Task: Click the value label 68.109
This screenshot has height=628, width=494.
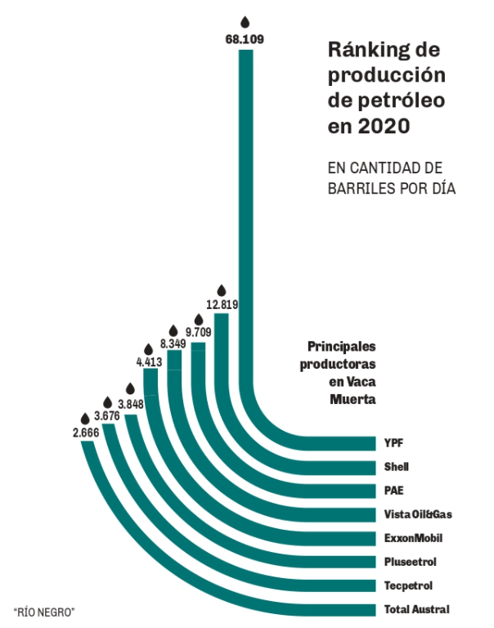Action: pyautogui.click(x=245, y=38)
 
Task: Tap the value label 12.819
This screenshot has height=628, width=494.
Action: pyautogui.click(x=222, y=305)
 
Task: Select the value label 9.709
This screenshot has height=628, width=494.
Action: pyautogui.click(x=199, y=332)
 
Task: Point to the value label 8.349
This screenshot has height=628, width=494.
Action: pyautogui.click(x=173, y=344)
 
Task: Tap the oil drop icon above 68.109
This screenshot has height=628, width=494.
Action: pyautogui.click(x=245, y=23)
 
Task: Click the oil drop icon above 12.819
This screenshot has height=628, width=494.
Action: pyautogui.click(x=221, y=289)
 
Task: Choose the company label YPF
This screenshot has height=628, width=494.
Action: pyautogui.click(x=394, y=443)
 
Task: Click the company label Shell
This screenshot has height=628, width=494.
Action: pyautogui.click(x=397, y=467)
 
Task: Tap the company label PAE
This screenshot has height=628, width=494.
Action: pyautogui.click(x=394, y=491)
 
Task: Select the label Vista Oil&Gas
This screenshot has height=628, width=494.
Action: pyautogui.click(x=418, y=514)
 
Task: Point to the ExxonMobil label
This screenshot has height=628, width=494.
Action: pyautogui.click(x=414, y=538)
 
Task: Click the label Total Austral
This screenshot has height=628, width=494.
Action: pyautogui.click(x=416, y=609)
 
